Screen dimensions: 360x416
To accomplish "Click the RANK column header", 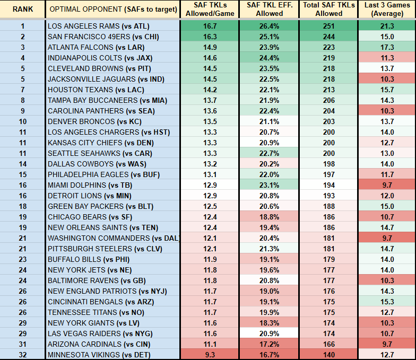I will pyautogui.click(x=23, y=9).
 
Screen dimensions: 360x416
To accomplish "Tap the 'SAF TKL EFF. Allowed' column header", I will pyautogui.click(x=268, y=9).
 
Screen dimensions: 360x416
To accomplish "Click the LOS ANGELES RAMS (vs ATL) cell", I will pyautogui.click(x=99, y=26).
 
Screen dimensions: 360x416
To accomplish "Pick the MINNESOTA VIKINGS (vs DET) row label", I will pyautogui.click(x=99, y=354).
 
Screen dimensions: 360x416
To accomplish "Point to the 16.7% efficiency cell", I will pyautogui.click(x=268, y=354).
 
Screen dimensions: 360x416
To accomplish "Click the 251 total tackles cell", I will pyautogui.click(x=328, y=26).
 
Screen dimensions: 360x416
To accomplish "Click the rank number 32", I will pyautogui.click(x=23, y=354).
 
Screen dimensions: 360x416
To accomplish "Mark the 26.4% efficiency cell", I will pyautogui.click(x=268, y=26).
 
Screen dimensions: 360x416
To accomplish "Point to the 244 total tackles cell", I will pyautogui.click(x=328, y=37).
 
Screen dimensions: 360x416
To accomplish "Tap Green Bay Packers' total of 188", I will pyautogui.click(x=328, y=206).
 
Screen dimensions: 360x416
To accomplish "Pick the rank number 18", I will pyautogui.click(x=23, y=206).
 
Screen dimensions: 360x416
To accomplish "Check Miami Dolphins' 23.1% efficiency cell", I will pyautogui.click(x=268, y=185).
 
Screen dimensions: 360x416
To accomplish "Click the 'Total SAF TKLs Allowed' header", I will pyautogui.click(x=328, y=9).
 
